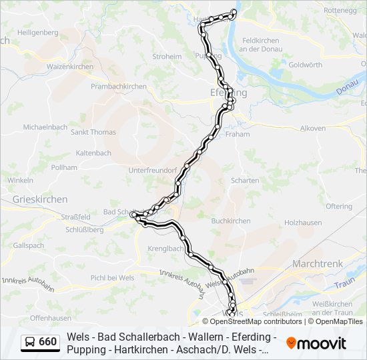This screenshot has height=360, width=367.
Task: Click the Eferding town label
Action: (228, 93)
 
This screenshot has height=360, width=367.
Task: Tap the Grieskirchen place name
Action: (40, 199)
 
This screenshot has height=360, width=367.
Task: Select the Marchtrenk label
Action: (318, 263)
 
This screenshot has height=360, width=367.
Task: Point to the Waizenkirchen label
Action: (69, 67)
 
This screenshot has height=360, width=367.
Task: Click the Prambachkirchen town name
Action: (118, 87)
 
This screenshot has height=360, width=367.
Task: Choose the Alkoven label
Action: (313, 128)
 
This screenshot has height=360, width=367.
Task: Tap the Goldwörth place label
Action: (306, 65)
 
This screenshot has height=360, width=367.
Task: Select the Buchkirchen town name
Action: (230, 221)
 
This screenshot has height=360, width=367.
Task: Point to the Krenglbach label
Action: (163, 249)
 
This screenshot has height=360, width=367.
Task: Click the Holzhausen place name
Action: (304, 221)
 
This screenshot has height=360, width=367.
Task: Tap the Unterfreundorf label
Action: (152, 170)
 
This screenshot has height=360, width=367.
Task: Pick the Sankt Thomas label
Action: (93, 132)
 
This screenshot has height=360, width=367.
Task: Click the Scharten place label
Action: (245, 181)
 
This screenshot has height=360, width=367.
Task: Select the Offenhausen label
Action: (51, 317)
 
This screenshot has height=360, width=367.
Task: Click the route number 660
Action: (48, 342)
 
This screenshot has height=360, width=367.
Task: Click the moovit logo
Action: (316, 343)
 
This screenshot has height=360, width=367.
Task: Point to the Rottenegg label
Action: (340, 11)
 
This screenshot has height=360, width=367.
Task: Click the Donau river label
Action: (353, 88)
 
